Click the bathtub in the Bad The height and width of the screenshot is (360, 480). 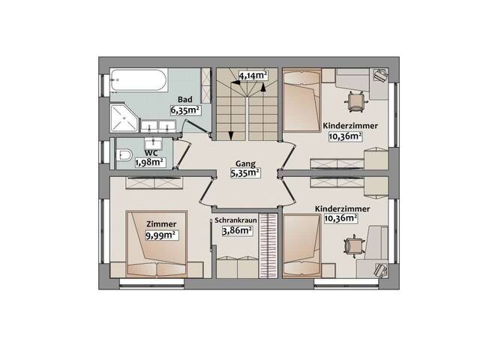(139, 80)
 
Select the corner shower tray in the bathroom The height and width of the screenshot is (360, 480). (124, 118)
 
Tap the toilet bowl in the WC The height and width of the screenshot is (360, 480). (124, 155)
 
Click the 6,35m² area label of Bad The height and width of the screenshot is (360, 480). (185, 110)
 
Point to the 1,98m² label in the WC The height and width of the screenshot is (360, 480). (151, 162)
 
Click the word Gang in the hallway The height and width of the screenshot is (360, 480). (245, 163)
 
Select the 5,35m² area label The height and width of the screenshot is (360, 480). (245, 173)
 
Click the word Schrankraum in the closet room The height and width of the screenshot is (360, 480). (235, 220)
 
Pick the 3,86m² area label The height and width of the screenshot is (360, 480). (237, 230)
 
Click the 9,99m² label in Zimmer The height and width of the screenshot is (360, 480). (162, 235)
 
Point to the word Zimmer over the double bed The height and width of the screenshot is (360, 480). (161, 224)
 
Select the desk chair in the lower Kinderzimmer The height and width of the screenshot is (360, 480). (354, 245)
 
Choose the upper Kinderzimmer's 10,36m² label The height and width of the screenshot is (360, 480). (345, 136)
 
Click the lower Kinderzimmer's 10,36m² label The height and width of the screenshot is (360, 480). (341, 218)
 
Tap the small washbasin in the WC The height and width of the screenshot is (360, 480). (153, 142)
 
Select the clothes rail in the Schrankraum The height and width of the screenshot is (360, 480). (268, 245)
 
